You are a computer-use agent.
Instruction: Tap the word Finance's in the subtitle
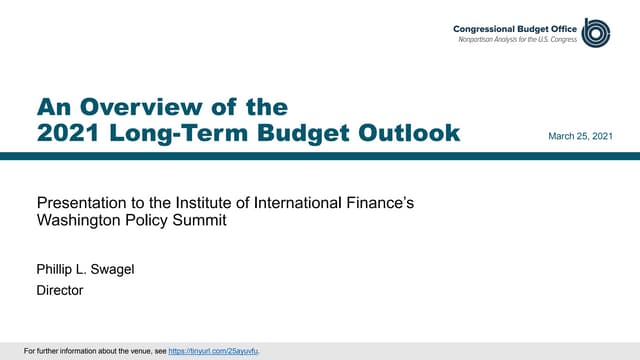(x=385, y=204)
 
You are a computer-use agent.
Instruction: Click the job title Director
(x=59, y=291)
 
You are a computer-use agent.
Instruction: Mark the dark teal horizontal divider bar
(x=320, y=155)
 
